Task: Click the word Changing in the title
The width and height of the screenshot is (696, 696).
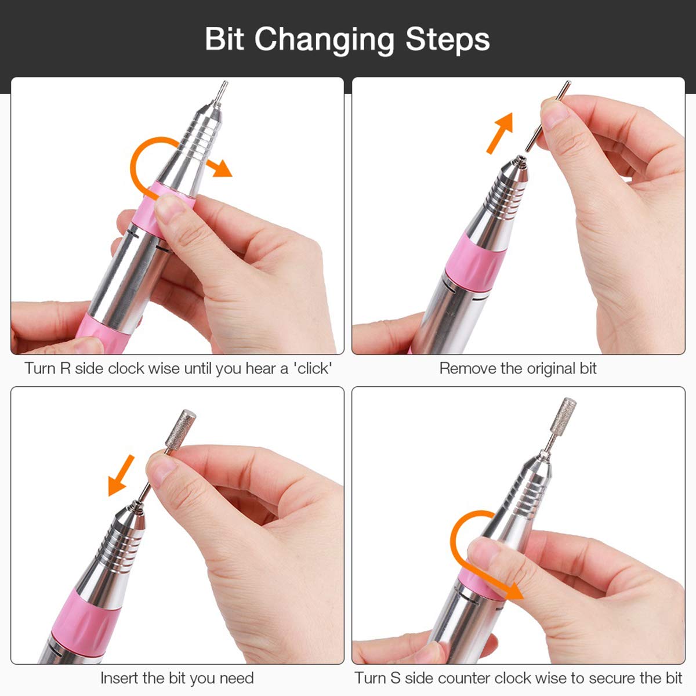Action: pos(324,41)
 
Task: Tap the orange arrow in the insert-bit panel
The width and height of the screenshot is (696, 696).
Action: pos(121,476)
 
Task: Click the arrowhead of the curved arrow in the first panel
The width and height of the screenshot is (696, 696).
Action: pos(221,168)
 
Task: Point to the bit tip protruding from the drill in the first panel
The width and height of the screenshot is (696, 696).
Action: pos(220,93)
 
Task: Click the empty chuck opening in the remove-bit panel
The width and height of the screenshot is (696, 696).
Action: pos(520,159)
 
